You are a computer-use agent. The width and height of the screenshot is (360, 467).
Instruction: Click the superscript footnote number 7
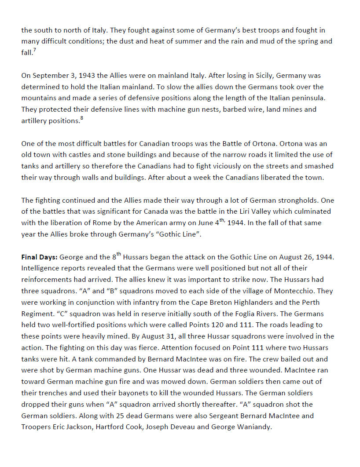[x=35, y=50]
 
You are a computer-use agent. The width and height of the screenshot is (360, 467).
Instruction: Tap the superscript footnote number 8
[x=81, y=118]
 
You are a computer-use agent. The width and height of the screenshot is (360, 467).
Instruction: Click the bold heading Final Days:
[x=39, y=256]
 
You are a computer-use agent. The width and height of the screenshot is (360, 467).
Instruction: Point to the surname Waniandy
[x=252, y=427]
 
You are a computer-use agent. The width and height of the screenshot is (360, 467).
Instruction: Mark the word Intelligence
[x=41, y=268]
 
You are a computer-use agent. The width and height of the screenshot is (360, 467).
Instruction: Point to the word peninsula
[x=294, y=98]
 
